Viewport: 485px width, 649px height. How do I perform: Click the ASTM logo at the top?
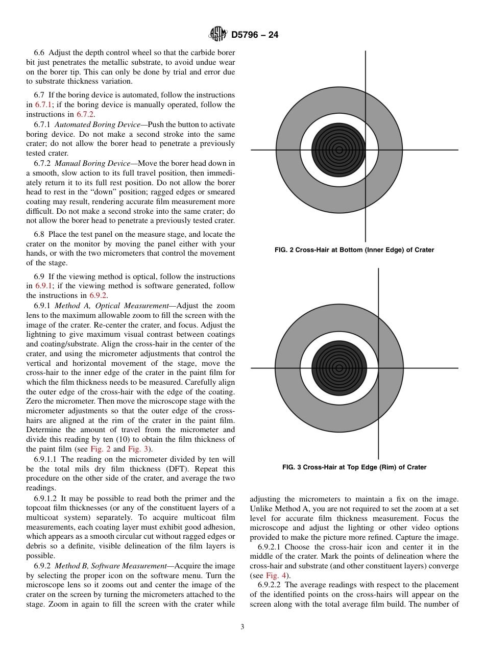(217, 35)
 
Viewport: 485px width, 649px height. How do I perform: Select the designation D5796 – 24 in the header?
(254, 35)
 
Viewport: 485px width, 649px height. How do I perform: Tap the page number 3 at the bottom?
(242, 627)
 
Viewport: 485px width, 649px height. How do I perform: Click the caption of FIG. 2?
(354, 250)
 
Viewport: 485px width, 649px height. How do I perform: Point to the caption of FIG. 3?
(354, 467)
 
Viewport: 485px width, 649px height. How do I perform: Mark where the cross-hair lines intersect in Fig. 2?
(365, 150)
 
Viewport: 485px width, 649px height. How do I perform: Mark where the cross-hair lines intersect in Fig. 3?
(378, 368)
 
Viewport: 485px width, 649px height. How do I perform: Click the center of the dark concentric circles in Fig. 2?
(338, 150)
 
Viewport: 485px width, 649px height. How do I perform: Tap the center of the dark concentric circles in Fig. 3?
(338, 368)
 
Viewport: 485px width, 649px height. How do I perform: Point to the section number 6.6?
(39, 53)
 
